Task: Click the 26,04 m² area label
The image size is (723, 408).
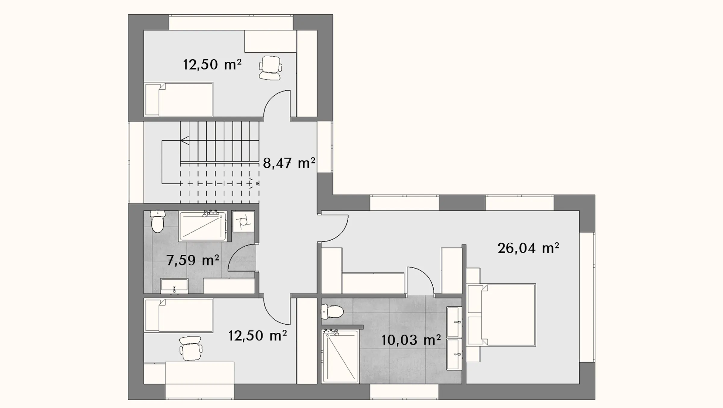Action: point(528,248)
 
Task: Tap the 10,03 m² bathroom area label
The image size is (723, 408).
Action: point(411,340)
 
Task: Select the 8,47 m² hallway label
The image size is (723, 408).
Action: point(289,163)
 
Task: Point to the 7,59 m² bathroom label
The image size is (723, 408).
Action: point(193,260)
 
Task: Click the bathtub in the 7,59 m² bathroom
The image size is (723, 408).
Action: point(202,226)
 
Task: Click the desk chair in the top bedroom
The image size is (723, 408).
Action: point(271,68)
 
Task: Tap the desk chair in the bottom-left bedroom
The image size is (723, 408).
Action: point(191,348)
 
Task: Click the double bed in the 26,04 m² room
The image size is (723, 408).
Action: point(502,315)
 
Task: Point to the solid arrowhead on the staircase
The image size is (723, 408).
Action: point(185,140)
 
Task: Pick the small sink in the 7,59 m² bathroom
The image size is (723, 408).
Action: point(174,286)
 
